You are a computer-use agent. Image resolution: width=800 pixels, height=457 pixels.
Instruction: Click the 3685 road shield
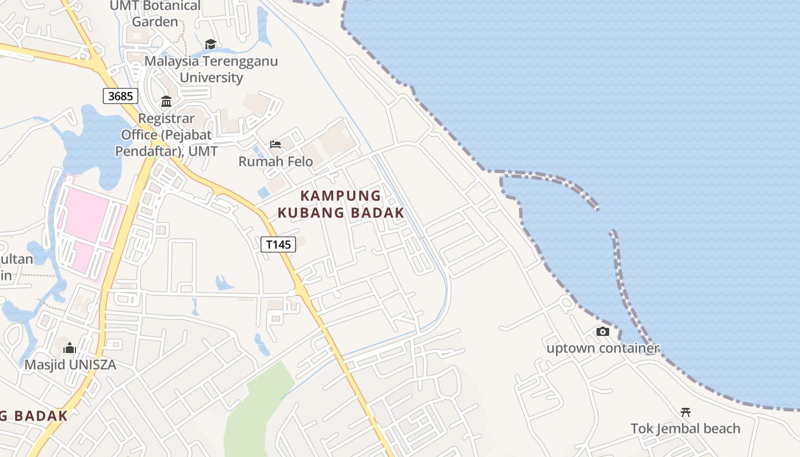(x=120, y=96)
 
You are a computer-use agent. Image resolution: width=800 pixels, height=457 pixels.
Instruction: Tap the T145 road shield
(x=278, y=244)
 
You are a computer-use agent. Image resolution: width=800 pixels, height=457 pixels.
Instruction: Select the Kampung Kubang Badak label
(x=341, y=204)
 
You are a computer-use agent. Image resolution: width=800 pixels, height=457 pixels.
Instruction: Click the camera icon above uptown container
(x=602, y=331)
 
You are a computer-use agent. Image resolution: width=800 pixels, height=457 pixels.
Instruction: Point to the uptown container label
(x=603, y=348)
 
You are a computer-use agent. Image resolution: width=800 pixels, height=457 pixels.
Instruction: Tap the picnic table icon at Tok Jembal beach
(x=685, y=412)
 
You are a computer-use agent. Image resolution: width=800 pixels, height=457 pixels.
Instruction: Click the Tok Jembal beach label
(x=685, y=428)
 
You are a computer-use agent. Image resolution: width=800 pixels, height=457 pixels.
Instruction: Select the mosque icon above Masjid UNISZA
(x=70, y=347)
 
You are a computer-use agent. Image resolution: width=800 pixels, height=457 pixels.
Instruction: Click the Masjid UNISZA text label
(x=70, y=364)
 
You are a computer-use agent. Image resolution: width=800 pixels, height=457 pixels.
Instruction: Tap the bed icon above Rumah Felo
(x=275, y=145)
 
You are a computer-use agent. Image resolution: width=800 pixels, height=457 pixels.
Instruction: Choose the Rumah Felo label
(x=275, y=162)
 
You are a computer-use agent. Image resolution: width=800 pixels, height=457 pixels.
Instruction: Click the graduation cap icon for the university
(x=210, y=44)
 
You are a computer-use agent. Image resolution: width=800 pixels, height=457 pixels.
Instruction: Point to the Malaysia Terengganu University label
(x=211, y=69)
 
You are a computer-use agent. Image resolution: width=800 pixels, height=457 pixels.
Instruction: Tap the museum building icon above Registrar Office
(x=166, y=102)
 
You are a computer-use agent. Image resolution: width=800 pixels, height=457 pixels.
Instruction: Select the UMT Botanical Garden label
(x=155, y=14)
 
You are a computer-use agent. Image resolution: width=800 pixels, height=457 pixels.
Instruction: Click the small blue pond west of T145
(x=223, y=282)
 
